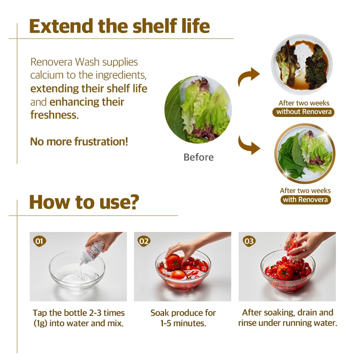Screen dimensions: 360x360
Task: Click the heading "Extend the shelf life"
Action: (120, 26)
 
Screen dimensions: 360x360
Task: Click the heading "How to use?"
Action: (84, 202)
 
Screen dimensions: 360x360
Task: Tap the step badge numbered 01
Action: (39, 241)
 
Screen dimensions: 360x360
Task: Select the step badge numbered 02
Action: (144, 241)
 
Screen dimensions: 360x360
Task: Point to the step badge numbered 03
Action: (249, 241)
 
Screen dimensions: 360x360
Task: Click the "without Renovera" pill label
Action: (304, 112)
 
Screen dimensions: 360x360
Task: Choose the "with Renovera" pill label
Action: (305, 200)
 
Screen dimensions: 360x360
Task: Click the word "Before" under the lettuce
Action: (199, 157)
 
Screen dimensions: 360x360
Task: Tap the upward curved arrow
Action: (248, 75)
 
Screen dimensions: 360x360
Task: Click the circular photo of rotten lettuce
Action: (302, 65)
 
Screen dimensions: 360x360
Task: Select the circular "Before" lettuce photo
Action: (198, 110)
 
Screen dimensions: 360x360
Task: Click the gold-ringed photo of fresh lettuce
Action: (305, 153)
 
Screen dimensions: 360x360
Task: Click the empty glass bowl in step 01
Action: (77, 273)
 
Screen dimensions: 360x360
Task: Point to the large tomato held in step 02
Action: (174, 261)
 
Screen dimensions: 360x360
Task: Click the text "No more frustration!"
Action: (79, 142)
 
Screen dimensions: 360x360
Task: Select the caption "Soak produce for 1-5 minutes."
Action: (183, 318)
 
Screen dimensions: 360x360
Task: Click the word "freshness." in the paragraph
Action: (55, 115)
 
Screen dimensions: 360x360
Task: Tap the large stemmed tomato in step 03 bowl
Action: (285, 272)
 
